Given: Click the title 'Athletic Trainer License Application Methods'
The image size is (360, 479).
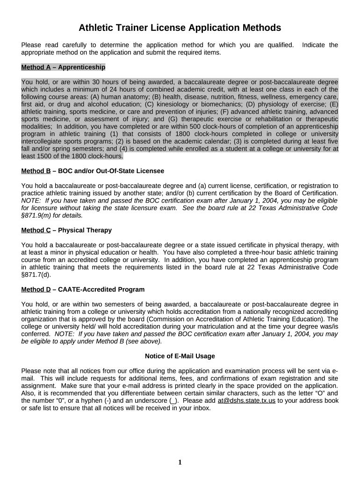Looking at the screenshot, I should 180,28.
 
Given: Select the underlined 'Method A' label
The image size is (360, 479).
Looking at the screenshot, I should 36,67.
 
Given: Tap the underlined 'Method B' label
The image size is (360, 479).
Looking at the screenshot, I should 36,171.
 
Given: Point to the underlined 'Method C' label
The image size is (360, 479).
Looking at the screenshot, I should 36,230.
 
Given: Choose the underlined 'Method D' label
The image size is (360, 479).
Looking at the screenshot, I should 36,290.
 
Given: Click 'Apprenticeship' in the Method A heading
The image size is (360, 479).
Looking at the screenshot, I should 82,67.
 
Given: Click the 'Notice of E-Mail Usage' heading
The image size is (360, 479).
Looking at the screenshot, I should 180,356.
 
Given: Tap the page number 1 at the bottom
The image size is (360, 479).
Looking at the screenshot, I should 180,463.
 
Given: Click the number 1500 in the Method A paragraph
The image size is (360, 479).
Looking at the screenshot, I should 46,156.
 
